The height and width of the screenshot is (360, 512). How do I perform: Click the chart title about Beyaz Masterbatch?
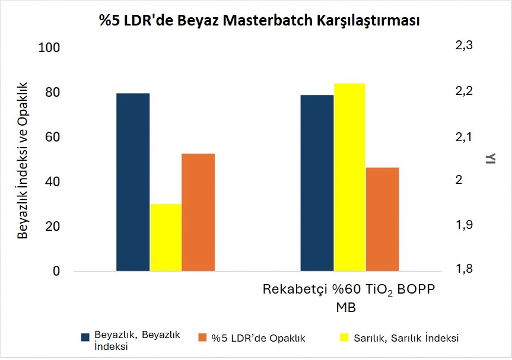click(x=260, y=21)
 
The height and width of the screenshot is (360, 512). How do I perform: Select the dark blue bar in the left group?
click(x=133, y=182)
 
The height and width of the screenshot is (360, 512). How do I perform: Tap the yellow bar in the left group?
click(x=166, y=237)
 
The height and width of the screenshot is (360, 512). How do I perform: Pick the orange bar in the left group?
click(x=198, y=212)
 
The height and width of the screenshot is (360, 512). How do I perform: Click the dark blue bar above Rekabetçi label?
click(x=317, y=183)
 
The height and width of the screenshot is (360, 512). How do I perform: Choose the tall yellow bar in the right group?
click(x=349, y=177)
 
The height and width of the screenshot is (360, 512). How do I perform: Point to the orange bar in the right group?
click(x=382, y=219)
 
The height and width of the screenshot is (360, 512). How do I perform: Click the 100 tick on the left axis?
click(x=49, y=48)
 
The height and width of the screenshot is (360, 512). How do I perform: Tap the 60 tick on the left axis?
click(x=53, y=137)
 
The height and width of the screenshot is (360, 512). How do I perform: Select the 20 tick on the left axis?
click(x=53, y=227)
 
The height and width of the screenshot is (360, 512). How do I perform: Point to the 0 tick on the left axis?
click(x=56, y=272)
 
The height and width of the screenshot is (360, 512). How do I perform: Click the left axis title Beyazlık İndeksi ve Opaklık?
click(x=23, y=160)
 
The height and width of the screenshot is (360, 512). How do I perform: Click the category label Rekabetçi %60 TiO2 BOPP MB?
click(x=349, y=298)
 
